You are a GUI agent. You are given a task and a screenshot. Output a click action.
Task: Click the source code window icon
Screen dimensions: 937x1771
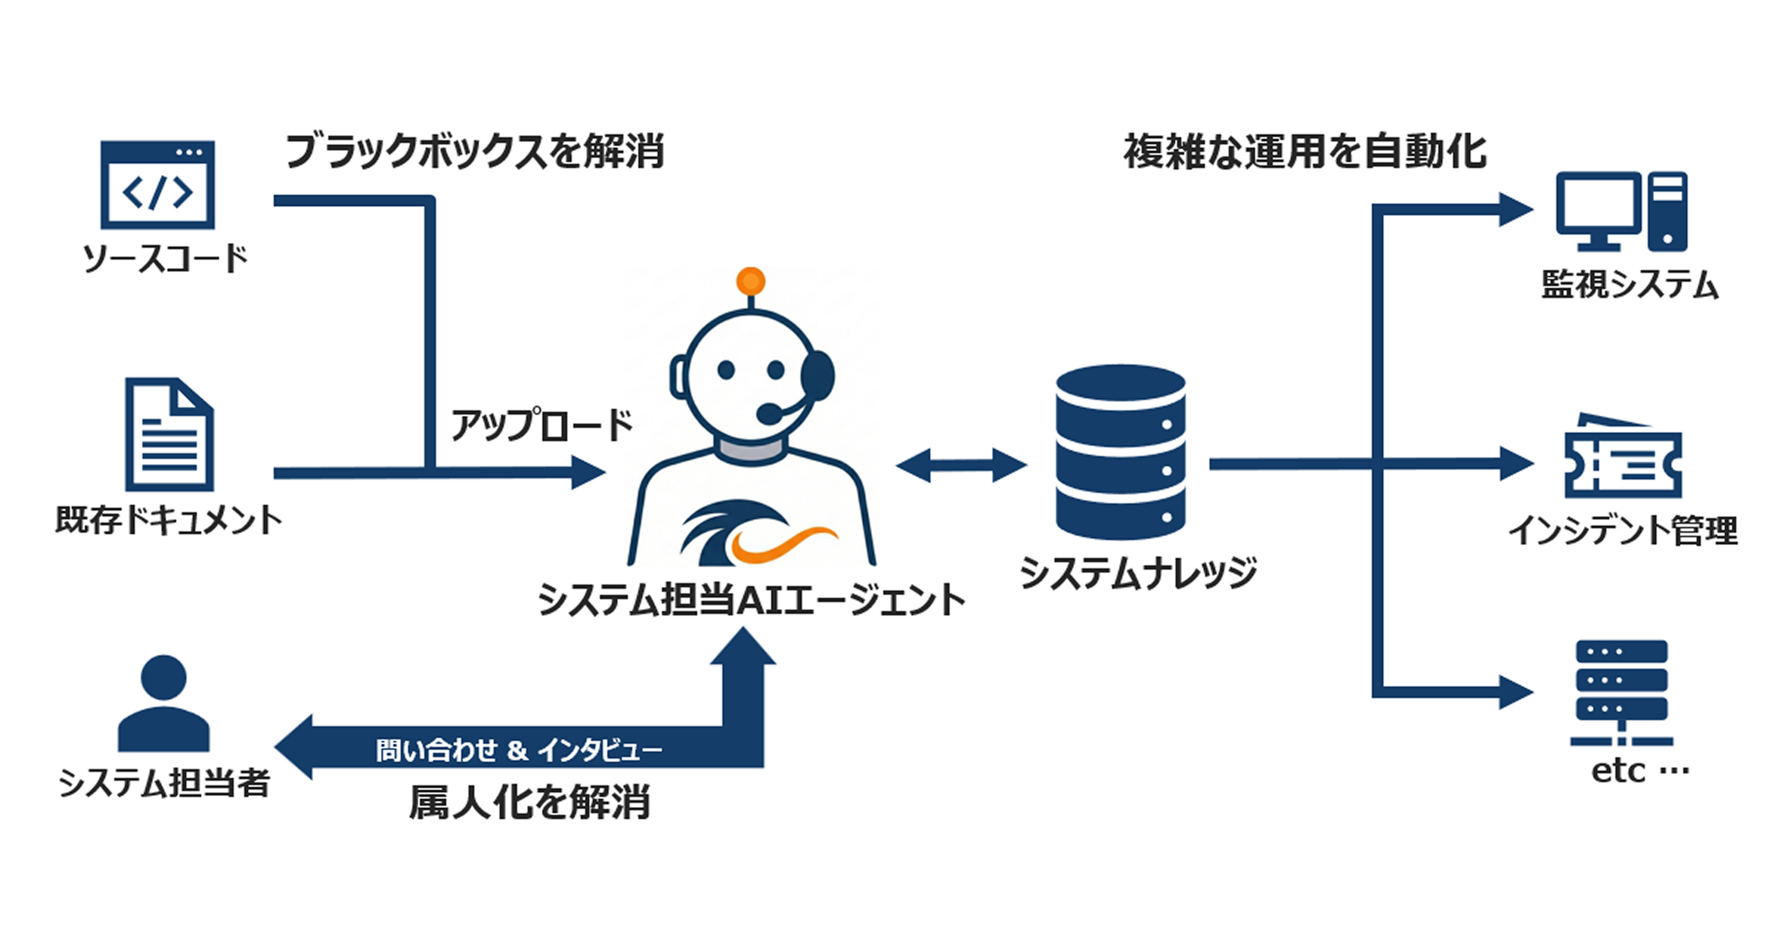pyautogui.click(x=158, y=184)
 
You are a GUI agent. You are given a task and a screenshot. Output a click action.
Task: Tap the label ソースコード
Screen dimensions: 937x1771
pyautogui.click(x=165, y=259)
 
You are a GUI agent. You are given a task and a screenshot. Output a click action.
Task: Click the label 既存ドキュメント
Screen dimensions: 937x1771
pyautogui.click(x=168, y=521)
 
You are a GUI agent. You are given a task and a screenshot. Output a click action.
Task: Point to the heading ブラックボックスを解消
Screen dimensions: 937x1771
pyautogui.click(x=475, y=152)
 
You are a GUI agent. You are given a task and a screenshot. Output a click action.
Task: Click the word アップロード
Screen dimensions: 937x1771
pyautogui.click(x=541, y=426)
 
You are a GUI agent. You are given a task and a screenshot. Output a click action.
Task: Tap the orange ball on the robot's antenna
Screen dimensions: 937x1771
pyautogui.click(x=750, y=281)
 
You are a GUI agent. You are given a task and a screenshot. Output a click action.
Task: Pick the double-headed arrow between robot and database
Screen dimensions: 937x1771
pyautogui.click(x=961, y=466)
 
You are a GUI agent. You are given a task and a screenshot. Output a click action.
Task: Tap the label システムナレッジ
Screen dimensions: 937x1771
pyautogui.click(x=1138, y=573)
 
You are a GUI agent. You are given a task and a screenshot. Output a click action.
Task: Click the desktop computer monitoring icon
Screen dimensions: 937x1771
pyautogui.click(x=1621, y=211)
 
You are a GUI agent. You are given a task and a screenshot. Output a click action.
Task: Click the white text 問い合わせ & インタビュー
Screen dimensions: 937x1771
pyautogui.click(x=519, y=750)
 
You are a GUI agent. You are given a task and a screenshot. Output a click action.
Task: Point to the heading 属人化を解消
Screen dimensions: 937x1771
pyautogui.click(x=529, y=802)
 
